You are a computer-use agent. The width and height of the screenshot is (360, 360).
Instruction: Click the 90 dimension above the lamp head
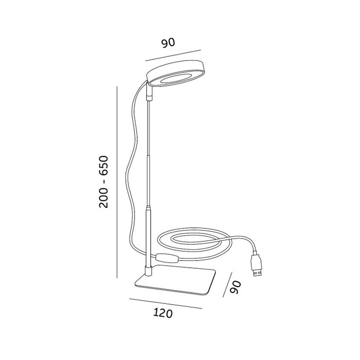coord(168,43)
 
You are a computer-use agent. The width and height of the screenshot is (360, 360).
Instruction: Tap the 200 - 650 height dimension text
coord(103,182)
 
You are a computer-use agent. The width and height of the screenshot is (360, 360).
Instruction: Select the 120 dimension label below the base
coord(163,314)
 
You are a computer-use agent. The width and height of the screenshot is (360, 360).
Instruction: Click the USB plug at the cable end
coord(257,265)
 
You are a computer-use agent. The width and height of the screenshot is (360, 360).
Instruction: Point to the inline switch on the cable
coord(166,258)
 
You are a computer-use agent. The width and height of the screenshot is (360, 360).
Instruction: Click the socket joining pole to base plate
coord(148,270)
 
